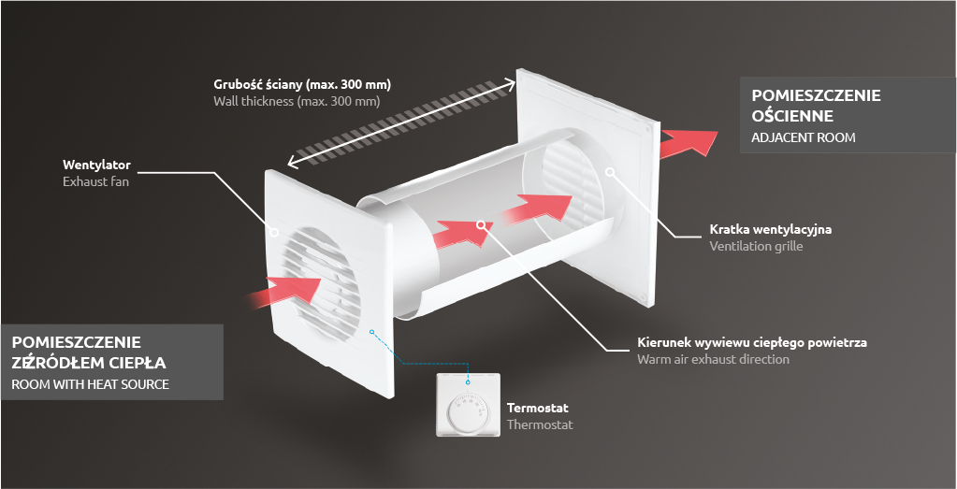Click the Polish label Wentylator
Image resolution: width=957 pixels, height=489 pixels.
coord(96,165)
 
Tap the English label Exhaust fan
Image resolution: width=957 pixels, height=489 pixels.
coord(95,181)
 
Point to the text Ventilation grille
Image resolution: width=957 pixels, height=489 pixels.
coord(756,246)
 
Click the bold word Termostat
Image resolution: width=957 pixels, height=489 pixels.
coord(537,408)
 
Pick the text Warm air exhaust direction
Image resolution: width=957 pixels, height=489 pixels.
coord(713,359)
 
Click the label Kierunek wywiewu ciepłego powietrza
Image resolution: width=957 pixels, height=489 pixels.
coord(751,342)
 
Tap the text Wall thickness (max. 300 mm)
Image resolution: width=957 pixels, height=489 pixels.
coord(296,100)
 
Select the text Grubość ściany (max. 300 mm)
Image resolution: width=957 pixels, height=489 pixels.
coord(301,83)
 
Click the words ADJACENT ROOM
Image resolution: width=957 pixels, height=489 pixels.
coord(804,137)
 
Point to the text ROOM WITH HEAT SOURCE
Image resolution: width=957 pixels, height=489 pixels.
coord(90,384)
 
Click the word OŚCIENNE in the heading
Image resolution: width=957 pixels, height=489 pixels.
coord(791,116)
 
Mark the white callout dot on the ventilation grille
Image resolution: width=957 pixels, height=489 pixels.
coord(609,171)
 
